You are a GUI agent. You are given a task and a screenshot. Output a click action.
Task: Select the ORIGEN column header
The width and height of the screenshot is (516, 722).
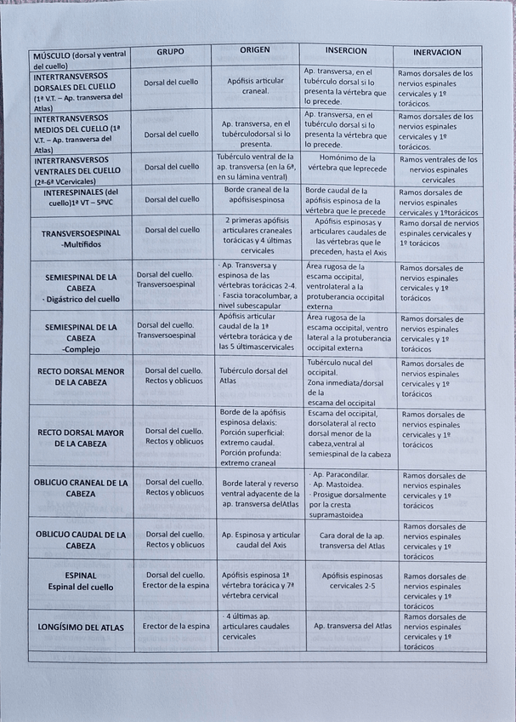click(254, 50)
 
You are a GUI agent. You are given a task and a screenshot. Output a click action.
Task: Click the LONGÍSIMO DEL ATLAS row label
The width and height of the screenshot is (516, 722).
click(82, 627)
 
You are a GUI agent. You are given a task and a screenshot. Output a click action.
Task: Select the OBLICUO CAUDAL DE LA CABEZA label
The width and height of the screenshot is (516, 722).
click(81, 540)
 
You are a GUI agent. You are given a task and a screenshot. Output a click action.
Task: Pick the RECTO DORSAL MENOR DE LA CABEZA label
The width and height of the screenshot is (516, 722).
click(81, 377)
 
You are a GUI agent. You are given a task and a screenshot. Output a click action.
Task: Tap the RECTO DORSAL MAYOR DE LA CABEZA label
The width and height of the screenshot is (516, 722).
click(81, 438)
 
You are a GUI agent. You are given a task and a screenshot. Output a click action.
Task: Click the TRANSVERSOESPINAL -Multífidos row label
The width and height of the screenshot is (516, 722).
click(80, 238)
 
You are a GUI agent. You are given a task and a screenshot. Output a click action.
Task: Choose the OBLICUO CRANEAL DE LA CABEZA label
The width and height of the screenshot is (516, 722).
click(81, 488)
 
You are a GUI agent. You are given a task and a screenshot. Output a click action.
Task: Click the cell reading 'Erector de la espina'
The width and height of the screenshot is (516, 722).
click(176, 627)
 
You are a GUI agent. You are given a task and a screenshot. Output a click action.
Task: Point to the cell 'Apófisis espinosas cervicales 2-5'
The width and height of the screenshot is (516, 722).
click(349, 581)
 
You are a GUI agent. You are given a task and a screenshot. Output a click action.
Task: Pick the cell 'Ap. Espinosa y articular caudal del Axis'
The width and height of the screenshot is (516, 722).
click(260, 540)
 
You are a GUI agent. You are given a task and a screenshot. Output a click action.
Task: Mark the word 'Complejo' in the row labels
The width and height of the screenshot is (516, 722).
click(82, 349)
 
